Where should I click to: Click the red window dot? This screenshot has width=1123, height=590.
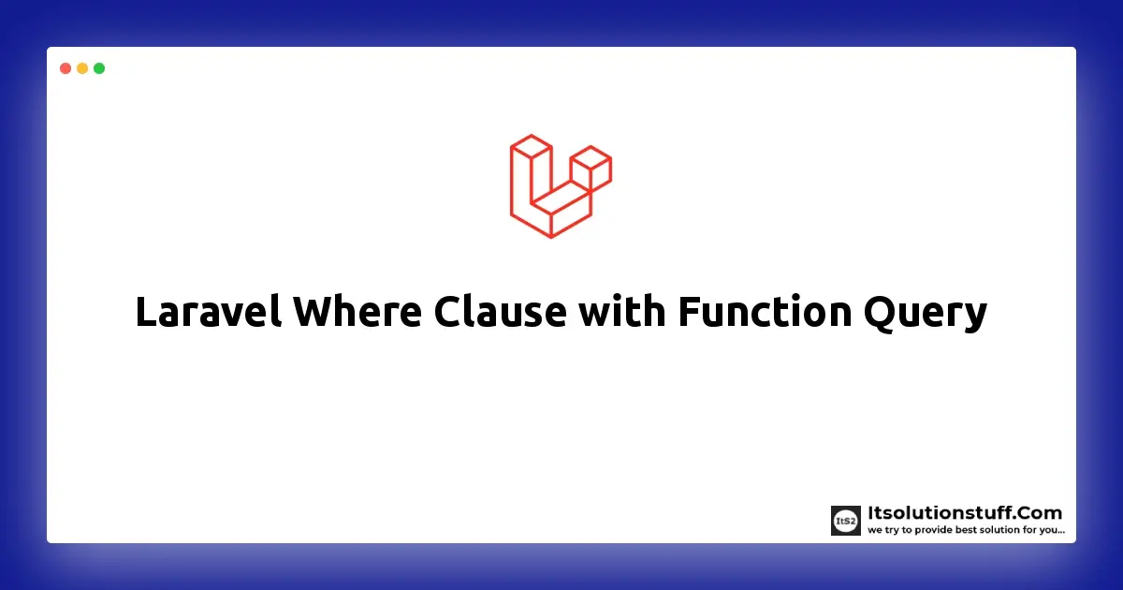click(66, 68)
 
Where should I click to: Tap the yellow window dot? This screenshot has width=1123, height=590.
click(82, 68)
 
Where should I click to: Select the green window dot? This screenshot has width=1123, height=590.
click(99, 68)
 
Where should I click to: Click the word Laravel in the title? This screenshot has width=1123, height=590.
click(208, 312)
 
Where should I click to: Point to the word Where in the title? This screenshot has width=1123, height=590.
click(357, 312)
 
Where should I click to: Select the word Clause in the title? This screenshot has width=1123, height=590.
click(500, 312)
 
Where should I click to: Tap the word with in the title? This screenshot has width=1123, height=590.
click(621, 312)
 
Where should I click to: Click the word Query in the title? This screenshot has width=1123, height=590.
click(926, 314)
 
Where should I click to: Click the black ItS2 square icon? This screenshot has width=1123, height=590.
click(846, 521)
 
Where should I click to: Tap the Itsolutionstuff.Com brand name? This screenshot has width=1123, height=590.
click(965, 513)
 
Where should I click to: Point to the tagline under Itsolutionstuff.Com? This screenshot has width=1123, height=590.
click(966, 530)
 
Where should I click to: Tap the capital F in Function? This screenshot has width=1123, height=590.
click(690, 313)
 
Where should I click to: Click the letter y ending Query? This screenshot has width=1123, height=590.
click(974, 319)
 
